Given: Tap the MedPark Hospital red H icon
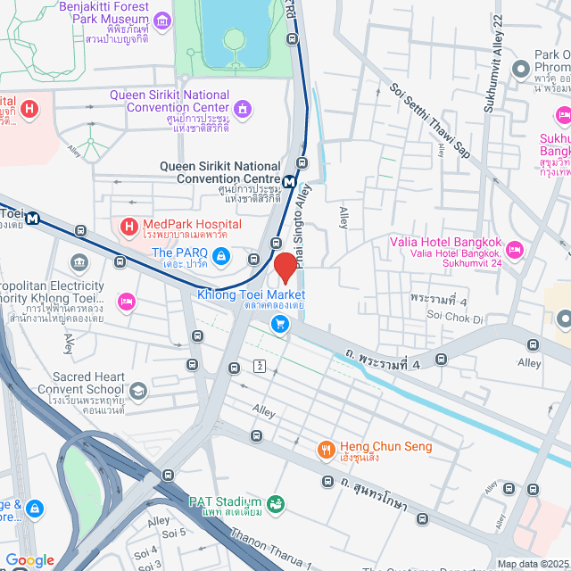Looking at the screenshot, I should pos(128,228).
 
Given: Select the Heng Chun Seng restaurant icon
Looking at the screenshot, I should pos(327,448).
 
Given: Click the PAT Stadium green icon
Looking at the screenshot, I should pos(276,503).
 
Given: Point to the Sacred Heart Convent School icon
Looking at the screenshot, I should pos(137,390).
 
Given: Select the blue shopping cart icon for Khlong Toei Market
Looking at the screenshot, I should pos(281,324).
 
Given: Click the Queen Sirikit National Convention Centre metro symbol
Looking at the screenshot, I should pos(289,182).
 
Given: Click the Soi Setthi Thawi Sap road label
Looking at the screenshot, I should pos(428,125).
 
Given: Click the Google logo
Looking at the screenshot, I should pos(29,559).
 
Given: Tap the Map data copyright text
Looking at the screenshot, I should pos(532,563).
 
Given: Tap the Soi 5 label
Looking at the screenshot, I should pos(174,533).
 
